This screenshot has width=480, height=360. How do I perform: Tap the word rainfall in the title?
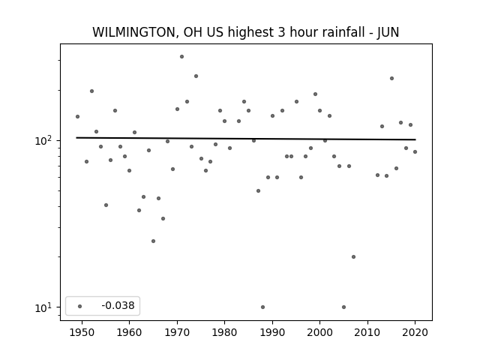328,32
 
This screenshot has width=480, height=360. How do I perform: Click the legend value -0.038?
118,305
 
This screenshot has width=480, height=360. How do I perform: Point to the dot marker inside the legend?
80,306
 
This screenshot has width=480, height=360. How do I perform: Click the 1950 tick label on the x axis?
82,332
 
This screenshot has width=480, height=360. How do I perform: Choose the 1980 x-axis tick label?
224,332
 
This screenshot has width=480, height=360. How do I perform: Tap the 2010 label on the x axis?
367,332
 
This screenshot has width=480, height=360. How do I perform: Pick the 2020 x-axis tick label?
415,332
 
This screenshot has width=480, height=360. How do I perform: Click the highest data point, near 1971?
181,57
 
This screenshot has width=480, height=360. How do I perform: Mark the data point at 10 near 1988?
263,307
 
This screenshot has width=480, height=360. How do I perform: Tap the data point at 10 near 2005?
343,307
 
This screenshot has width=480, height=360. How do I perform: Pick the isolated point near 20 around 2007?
353,256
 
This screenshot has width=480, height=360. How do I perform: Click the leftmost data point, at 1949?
77,117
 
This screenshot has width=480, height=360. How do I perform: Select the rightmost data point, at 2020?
415,151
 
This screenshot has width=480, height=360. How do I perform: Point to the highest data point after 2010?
391,78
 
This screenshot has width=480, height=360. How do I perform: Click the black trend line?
246,139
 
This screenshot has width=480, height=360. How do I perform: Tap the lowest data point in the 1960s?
153,241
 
